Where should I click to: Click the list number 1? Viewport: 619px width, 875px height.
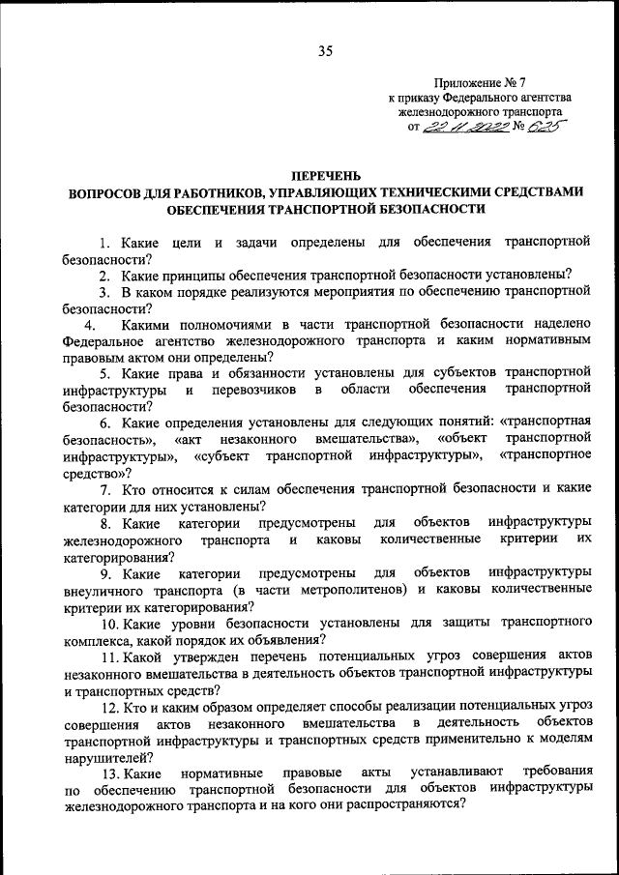pyautogui.click(x=103, y=241)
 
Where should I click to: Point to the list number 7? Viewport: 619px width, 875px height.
pyautogui.click(x=103, y=489)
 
